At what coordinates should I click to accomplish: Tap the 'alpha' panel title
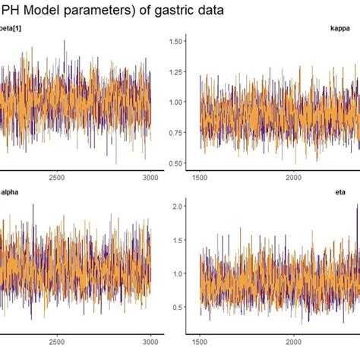tap(9, 192)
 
